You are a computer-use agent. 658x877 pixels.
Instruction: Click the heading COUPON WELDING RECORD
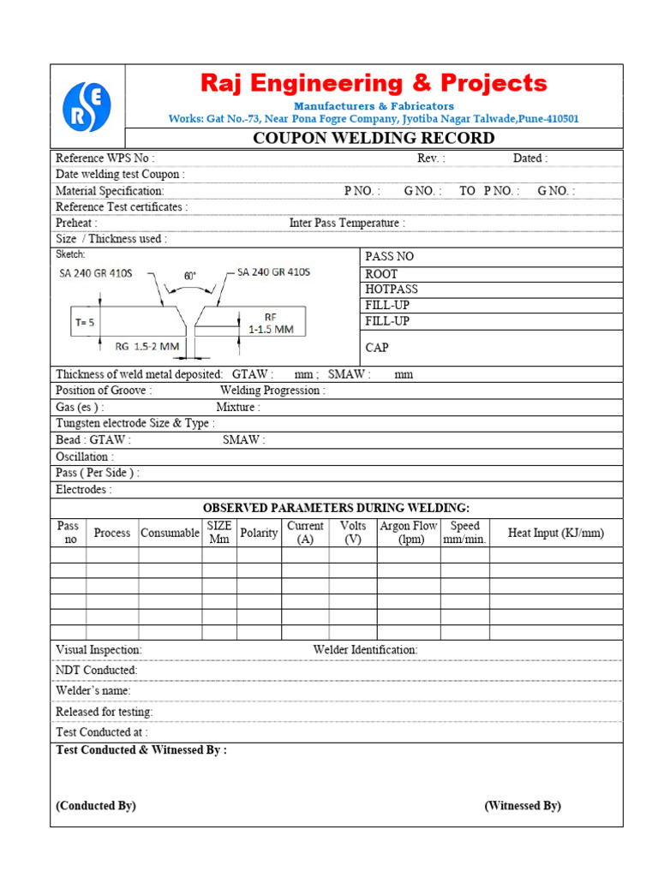coord(374,139)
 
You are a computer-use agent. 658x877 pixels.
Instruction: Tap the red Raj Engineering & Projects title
coord(374,84)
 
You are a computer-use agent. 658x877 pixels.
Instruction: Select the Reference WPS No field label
coord(105,158)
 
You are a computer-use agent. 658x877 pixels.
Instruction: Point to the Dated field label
coord(530,158)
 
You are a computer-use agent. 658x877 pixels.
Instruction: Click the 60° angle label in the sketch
coord(189,277)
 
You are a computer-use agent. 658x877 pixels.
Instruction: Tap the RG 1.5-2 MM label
coord(147,346)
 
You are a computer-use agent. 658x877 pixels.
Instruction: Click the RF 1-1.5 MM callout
coord(271,323)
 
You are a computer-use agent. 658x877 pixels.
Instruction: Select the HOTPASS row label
coord(392,289)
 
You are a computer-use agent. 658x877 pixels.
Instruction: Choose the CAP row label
coord(377,348)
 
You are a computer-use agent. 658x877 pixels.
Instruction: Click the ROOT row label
coord(382,274)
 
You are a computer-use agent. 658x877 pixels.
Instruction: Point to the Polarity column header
coord(259,533)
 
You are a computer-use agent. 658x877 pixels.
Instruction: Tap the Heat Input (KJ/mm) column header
coord(556,533)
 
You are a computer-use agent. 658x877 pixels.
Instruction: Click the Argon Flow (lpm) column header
coord(408,533)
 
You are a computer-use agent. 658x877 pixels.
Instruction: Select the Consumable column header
coord(170,533)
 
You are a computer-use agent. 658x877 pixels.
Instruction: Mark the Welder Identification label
coord(365,650)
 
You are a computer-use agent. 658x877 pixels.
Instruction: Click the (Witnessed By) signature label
coord(523,806)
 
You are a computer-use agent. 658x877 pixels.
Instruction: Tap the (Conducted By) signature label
coord(96,806)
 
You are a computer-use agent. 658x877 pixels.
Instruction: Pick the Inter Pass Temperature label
coord(347,224)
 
